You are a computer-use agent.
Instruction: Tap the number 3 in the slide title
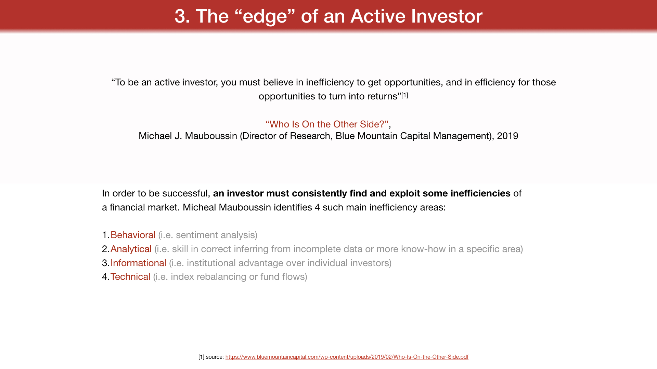[x=180, y=16]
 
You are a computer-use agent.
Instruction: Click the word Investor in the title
[x=447, y=16]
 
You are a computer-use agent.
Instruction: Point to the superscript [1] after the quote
[x=405, y=95]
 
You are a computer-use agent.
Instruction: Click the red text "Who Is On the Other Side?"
[x=327, y=124]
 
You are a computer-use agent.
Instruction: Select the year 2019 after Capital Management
[x=507, y=136]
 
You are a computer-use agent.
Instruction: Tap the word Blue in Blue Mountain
[x=345, y=136]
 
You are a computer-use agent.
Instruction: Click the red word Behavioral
[x=133, y=235]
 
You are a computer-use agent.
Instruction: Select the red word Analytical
[x=131, y=249]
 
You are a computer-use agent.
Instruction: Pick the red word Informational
[x=138, y=263]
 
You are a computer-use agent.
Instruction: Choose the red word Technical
[x=130, y=277]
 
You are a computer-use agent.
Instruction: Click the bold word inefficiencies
[x=480, y=193]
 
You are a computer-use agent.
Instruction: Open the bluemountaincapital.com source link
[x=347, y=357]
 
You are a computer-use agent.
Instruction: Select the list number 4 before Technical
[x=105, y=277]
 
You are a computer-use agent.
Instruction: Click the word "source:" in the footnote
[x=215, y=357]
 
